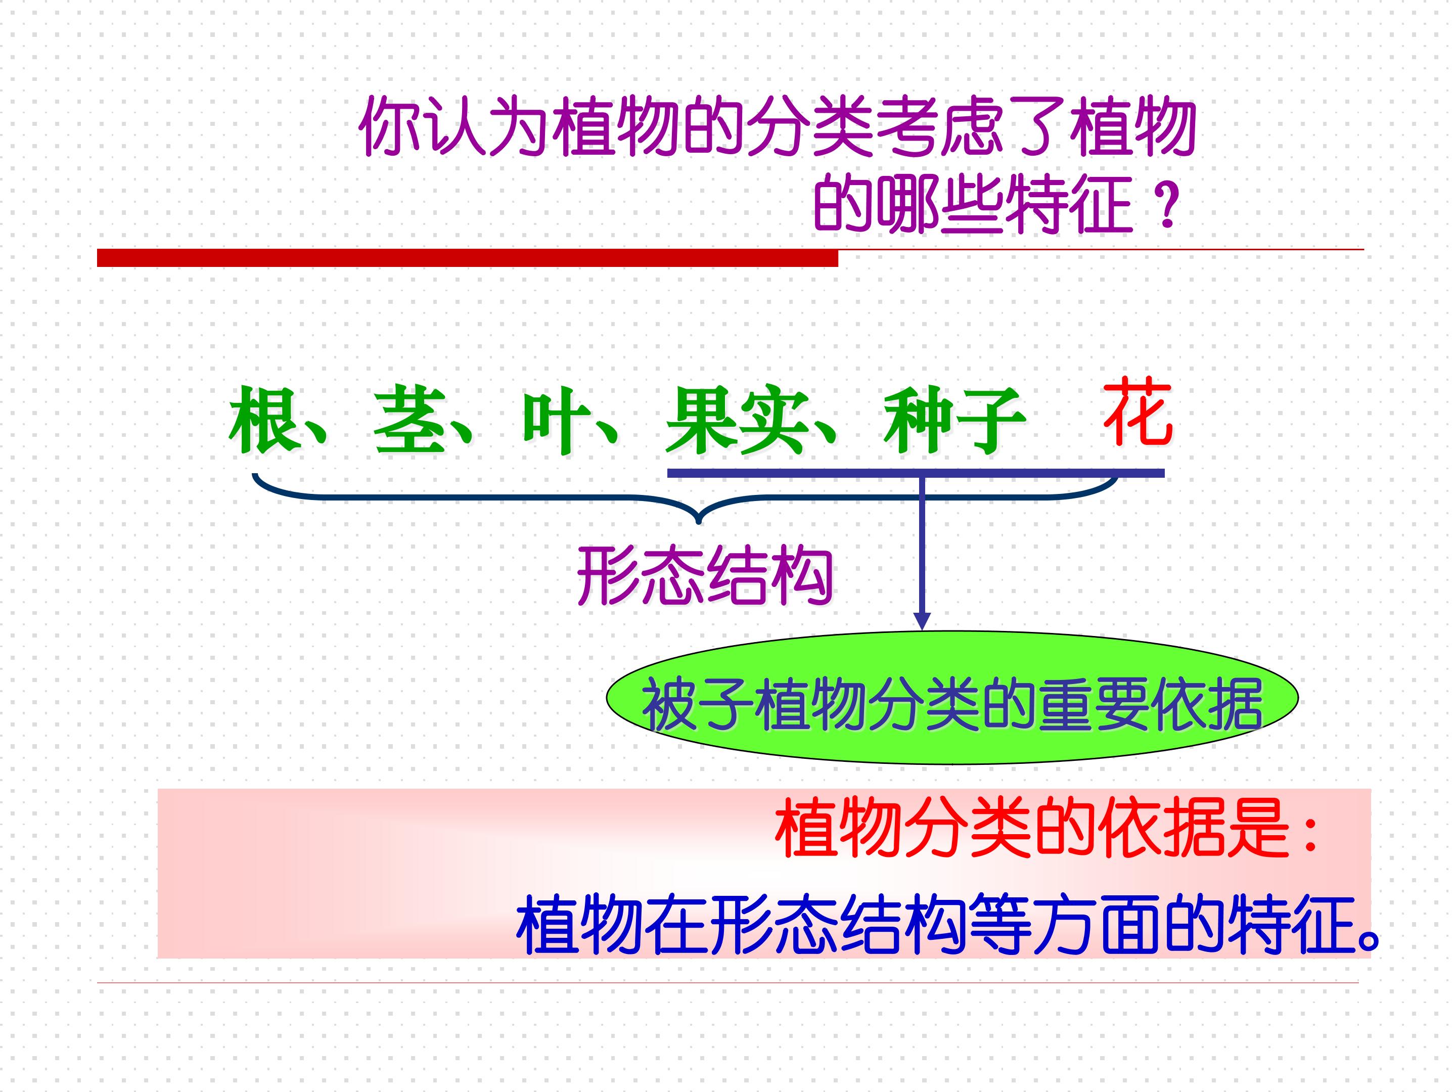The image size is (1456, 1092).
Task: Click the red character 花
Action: click(x=1138, y=412)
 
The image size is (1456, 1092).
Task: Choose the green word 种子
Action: click(x=954, y=420)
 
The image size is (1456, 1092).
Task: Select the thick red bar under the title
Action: click(x=467, y=257)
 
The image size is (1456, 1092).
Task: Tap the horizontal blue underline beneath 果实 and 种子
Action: click(x=916, y=473)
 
